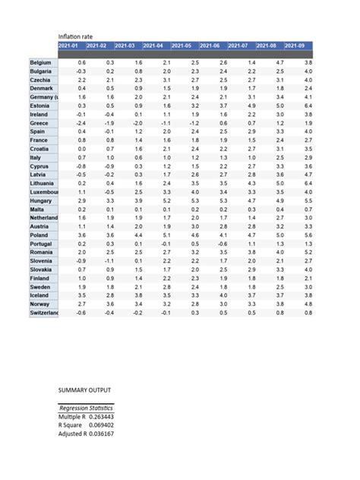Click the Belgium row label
coord(40,62)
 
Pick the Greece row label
coord(39,123)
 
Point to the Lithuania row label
coord(42,183)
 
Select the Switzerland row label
coord(43,312)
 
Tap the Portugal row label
coord(41,243)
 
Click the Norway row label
coord(39,304)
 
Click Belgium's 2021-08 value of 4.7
coord(279,62)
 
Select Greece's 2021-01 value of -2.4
coord(81,123)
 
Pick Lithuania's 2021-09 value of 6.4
coord(307,183)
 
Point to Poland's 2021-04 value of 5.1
coord(166,235)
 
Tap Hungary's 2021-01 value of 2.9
coord(81,201)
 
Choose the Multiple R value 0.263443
coord(102,416)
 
